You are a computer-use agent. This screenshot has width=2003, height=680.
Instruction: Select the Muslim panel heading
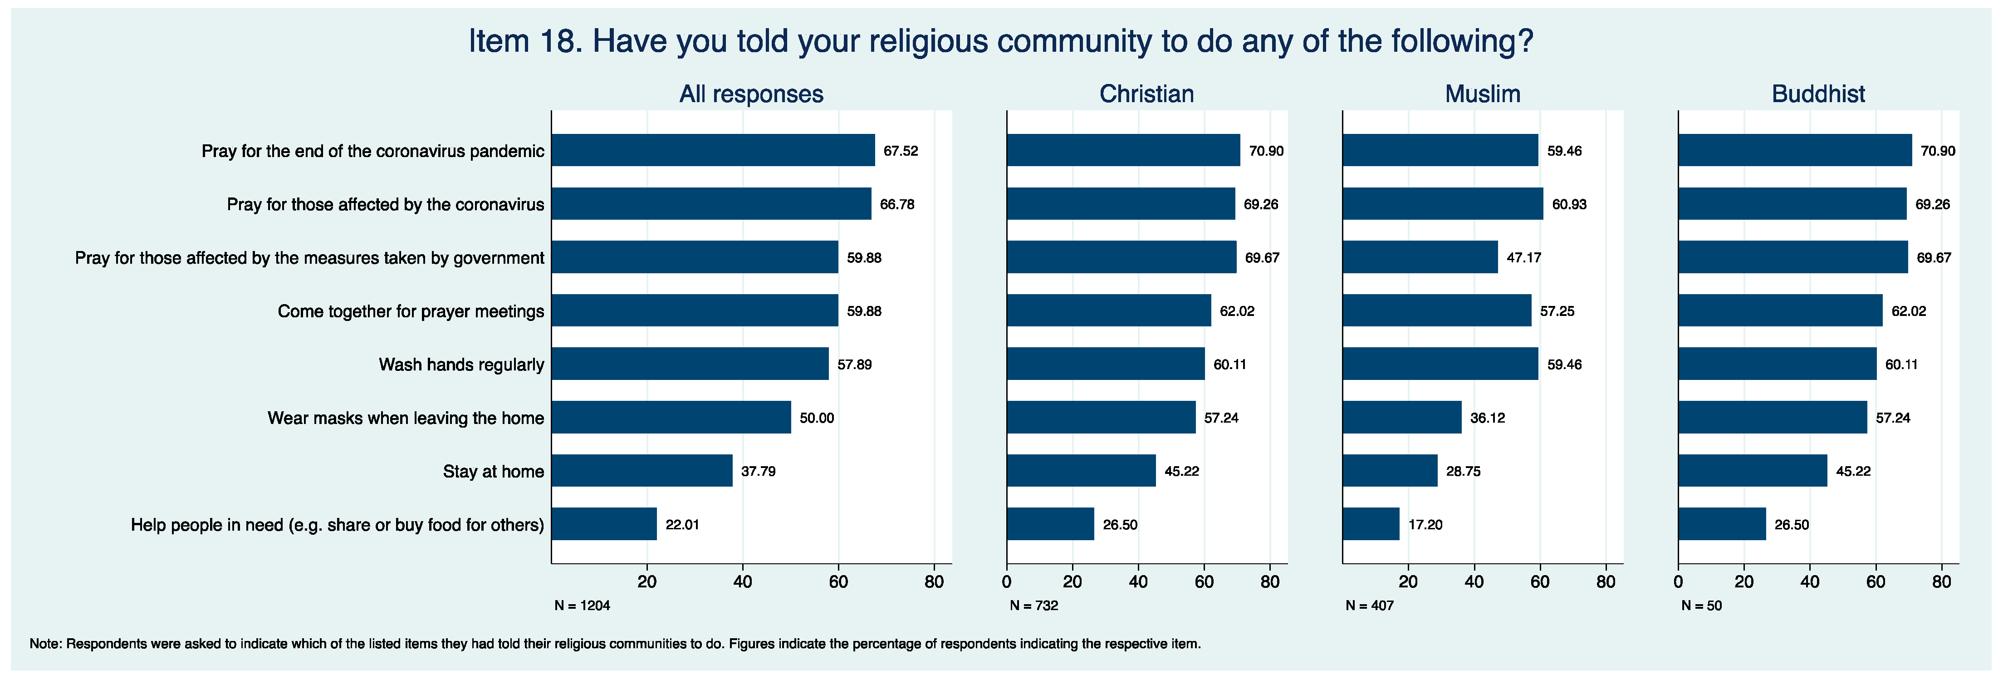1482,94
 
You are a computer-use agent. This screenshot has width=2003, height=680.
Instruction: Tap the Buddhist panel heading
1818,94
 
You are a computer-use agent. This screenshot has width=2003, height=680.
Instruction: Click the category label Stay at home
493,472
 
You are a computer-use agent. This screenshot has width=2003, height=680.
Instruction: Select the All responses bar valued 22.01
604,524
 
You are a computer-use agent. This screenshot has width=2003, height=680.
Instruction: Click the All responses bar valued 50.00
671,418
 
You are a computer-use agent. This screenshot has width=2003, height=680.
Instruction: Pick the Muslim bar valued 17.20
1371,524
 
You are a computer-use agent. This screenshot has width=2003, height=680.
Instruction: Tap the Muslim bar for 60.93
1442,204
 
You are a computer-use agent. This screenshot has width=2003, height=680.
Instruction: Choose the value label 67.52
901,151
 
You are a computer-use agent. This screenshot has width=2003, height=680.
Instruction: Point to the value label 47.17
1523,257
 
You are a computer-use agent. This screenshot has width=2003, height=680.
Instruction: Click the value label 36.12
1487,418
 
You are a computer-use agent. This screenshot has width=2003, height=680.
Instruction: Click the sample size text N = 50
1701,606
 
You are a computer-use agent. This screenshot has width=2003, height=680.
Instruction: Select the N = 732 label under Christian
1033,606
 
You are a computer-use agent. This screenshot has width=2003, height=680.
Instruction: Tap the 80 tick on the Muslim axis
1606,582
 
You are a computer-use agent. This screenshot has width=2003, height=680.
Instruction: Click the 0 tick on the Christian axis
1007,582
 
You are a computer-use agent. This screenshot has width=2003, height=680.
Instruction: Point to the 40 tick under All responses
743,582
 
